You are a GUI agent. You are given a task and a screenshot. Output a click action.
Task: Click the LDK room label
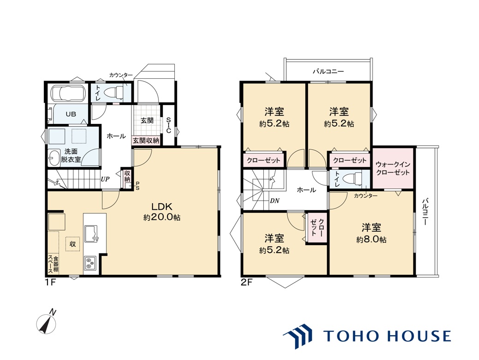pos(162,207)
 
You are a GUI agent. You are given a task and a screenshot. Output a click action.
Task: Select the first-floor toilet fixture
pos(112,91)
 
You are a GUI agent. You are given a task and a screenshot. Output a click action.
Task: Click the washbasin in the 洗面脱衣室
pos(54,158)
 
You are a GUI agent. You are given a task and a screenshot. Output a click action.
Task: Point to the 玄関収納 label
pos(146,141)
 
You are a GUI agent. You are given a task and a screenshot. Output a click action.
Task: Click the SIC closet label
pos(168,125)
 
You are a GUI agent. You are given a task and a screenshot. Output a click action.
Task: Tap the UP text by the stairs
pos(105,179)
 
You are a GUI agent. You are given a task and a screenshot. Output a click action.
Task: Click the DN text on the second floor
pos(275,201)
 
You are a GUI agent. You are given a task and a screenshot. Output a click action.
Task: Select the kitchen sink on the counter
pos(91,234)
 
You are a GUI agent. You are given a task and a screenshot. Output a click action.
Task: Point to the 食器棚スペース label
pos(53,265)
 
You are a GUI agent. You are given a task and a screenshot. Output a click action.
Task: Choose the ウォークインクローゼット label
pos(392,169)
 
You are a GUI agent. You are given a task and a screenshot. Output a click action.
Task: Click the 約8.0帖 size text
pos(371,240)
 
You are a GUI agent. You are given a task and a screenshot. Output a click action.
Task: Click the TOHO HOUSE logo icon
pos(297,336)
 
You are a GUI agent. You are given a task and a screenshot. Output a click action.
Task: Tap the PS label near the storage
pos(137,186)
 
